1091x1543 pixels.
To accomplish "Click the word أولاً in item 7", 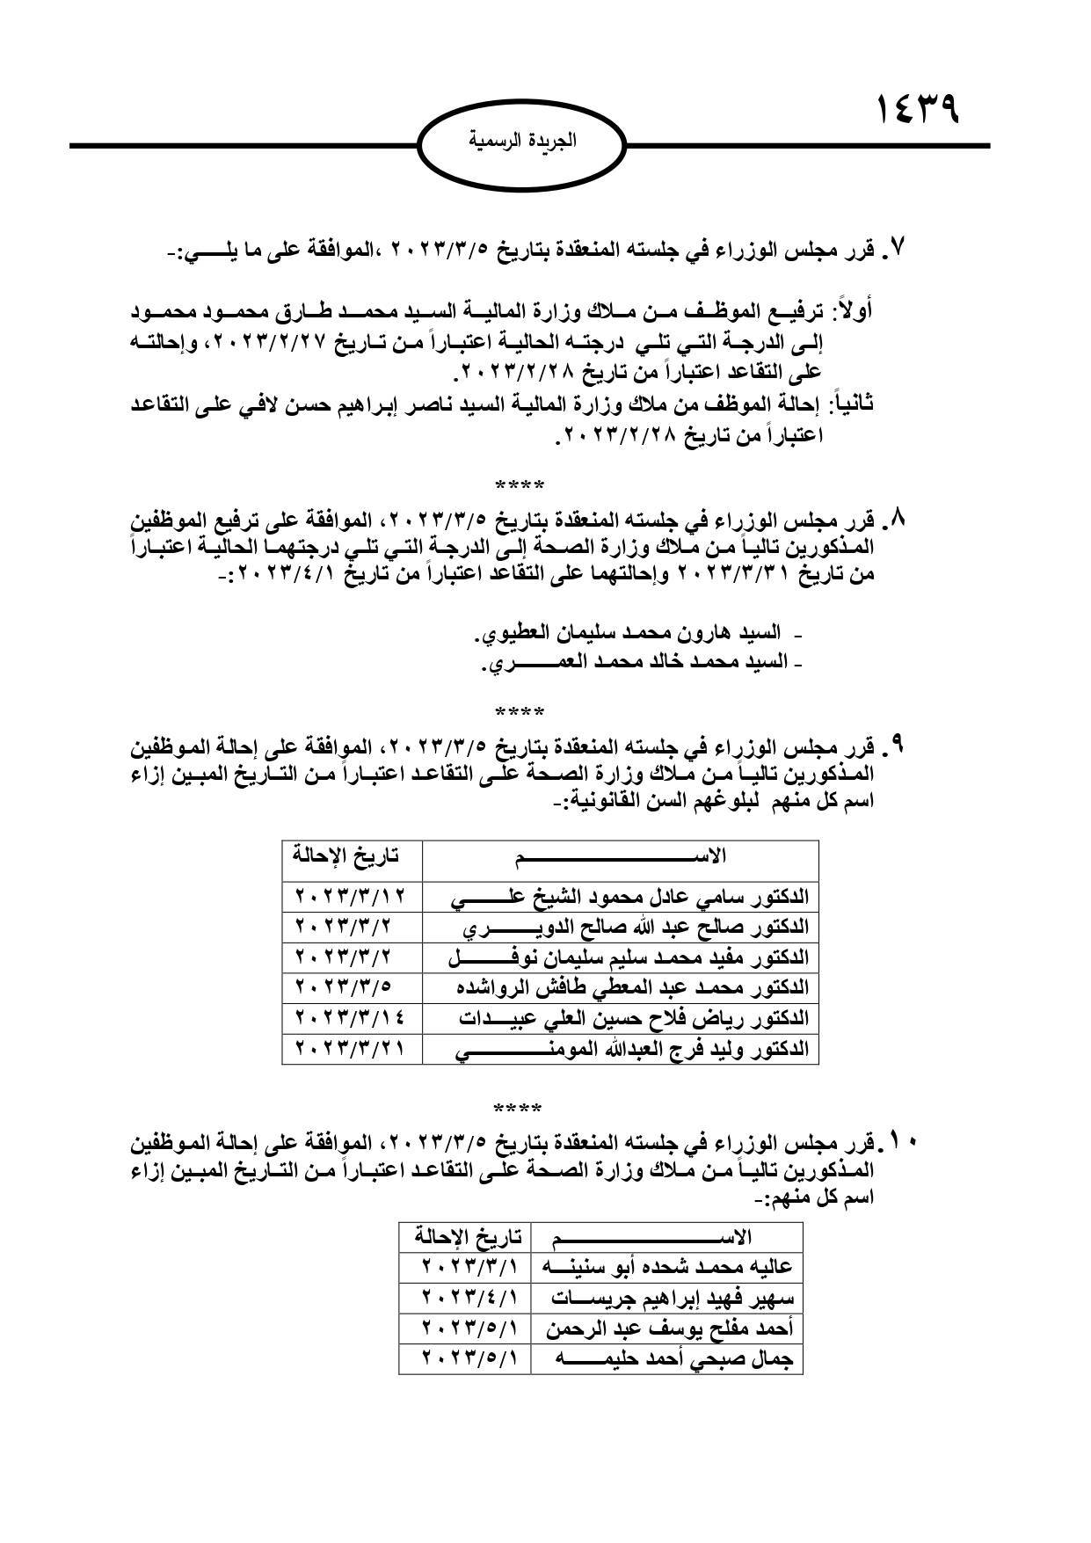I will point(851,312).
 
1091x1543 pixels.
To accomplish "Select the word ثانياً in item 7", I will point(850,404).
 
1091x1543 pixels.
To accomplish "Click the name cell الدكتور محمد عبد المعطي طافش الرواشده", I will point(631,988).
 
